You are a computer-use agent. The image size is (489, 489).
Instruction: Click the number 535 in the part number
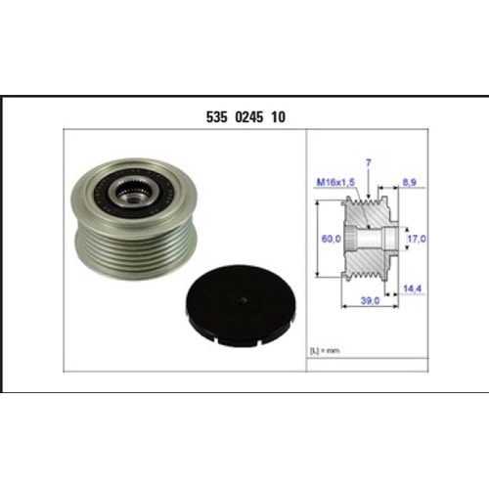tap(216, 117)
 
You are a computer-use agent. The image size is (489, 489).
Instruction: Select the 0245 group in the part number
tap(248, 117)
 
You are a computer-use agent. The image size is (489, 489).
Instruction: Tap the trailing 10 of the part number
tap(278, 117)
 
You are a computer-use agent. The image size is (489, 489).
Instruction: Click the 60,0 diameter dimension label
tap(331, 239)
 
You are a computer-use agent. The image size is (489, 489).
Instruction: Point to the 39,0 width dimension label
tap(370, 300)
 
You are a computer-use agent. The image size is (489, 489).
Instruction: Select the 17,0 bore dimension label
tap(417, 239)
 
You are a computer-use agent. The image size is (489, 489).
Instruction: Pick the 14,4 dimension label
tap(412, 289)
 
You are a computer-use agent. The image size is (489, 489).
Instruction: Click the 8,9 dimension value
tap(409, 182)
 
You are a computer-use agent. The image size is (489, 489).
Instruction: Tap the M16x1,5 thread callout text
tap(335, 182)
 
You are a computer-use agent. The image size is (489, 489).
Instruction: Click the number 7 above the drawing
tap(369, 162)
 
